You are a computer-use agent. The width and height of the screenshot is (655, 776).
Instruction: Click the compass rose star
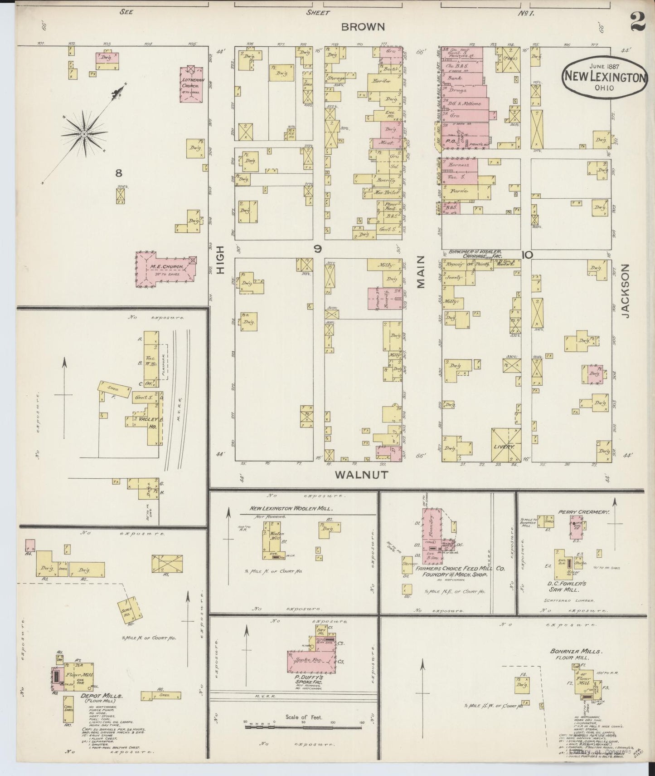(x=84, y=133)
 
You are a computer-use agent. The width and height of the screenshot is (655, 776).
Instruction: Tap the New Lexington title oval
(x=605, y=77)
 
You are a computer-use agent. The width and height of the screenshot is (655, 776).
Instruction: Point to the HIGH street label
(x=221, y=260)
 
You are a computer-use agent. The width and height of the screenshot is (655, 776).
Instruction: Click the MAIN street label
(x=422, y=272)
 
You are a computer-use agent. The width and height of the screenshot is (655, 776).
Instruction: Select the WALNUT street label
(x=361, y=475)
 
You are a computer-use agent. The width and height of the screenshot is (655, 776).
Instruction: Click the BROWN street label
(x=363, y=27)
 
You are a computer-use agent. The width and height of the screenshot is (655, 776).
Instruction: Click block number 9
(x=319, y=248)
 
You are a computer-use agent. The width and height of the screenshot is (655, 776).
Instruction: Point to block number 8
(x=118, y=173)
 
